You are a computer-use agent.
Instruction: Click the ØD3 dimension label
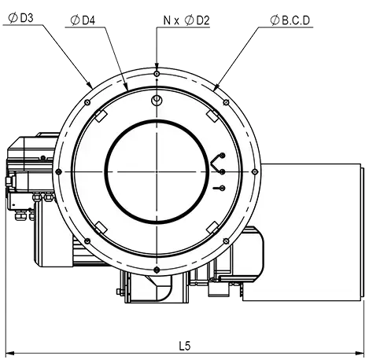(20, 18)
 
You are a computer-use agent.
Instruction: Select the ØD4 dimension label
(83, 20)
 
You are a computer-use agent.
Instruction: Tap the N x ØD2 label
(186, 20)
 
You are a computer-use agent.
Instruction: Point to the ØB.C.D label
(290, 20)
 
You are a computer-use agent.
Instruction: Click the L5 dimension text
(185, 346)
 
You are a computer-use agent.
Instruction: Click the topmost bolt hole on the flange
(157, 73)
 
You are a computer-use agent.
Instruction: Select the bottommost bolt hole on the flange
(157, 270)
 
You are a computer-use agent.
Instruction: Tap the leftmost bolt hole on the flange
(59, 171)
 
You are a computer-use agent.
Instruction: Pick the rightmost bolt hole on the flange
(255, 171)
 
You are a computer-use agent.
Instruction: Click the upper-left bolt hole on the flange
(87, 102)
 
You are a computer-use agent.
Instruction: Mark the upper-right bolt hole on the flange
(226, 102)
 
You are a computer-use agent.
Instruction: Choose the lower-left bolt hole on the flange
(87, 241)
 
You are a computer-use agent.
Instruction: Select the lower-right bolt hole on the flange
(226, 241)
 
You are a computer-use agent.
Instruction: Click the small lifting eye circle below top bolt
(157, 100)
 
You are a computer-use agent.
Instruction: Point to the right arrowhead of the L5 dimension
(360, 353)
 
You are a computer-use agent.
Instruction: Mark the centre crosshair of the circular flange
(157, 171)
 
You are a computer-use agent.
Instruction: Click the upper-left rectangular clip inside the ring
(101, 116)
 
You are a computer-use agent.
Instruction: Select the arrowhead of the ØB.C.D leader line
(216, 86)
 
